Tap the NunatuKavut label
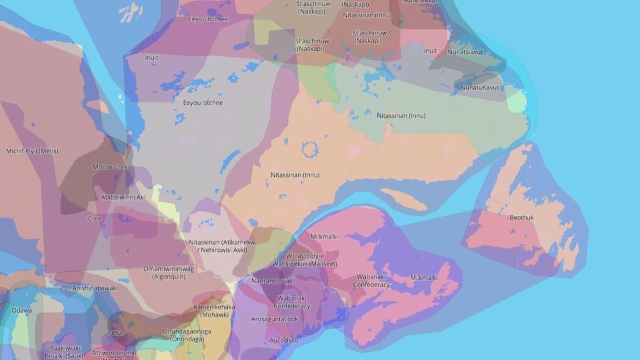(x=479, y=87)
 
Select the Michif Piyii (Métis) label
(x=32, y=151)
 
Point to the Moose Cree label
(x=110, y=167)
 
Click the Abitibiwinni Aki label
(x=123, y=197)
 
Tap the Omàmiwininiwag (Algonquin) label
(x=169, y=272)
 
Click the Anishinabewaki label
(x=95, y=288)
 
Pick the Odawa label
(x=21, y=310)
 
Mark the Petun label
(x=116, y=332)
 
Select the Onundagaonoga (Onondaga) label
(x=187, y=335)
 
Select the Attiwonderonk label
(x=114, y=353)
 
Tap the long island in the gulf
(x=404, y=199)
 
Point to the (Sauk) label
(x=63, y=357)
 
